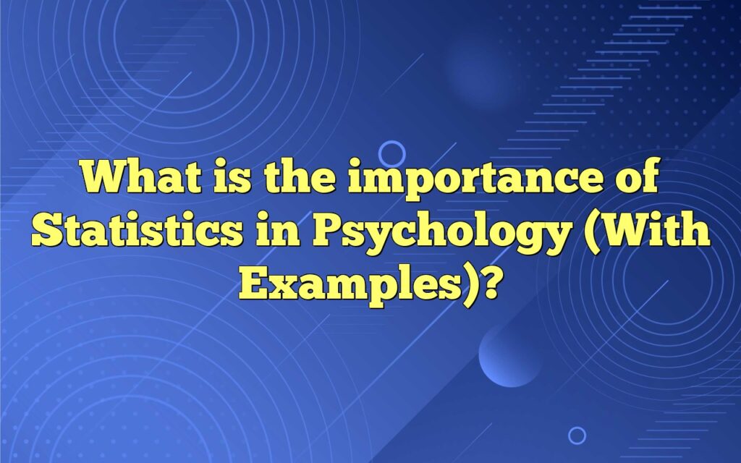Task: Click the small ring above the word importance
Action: (391, 153)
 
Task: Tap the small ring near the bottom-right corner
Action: (577, 435)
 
